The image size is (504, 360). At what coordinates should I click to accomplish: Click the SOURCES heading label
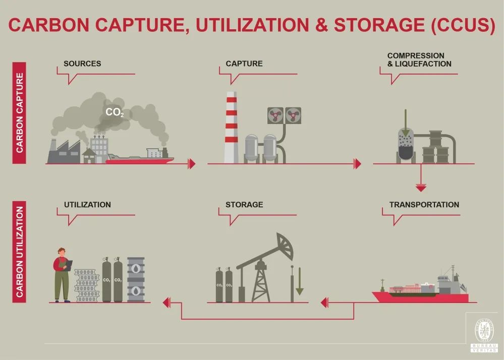82,64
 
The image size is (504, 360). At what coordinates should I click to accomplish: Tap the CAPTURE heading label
244,64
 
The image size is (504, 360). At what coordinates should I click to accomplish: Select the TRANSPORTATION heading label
424,205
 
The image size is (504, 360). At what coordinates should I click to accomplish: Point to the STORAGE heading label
244,205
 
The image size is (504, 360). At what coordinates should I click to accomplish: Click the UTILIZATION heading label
87,205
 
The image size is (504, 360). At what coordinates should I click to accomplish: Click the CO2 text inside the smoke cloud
115,112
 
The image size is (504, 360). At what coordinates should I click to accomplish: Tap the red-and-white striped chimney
232,128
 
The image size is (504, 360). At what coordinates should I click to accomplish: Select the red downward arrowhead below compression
421,188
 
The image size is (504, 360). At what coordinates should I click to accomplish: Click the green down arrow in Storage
300,281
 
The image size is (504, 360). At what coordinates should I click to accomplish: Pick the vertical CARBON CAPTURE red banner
19,113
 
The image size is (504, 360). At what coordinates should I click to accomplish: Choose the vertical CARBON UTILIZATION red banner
19,252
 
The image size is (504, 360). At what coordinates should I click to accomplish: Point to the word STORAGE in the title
379,25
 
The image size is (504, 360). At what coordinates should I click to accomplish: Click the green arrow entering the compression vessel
406,123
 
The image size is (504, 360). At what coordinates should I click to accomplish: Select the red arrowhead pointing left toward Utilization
166,303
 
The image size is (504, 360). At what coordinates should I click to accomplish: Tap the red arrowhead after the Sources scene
192,164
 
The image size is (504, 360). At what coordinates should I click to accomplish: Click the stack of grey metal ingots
87,285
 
